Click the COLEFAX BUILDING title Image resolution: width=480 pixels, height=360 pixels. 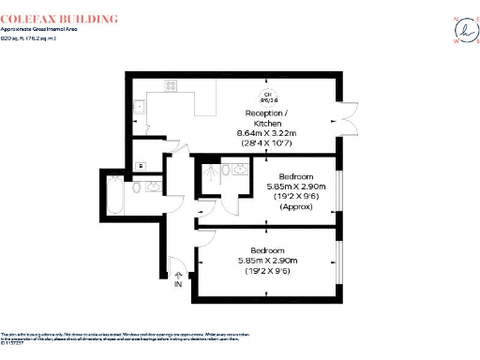[x=60, y=19]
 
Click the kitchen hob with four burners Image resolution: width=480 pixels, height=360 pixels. [x=173, y=86]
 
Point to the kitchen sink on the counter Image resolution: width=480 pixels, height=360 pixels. [x=138, y=106]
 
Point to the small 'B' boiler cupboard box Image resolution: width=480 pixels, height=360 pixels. [x=140, y=166]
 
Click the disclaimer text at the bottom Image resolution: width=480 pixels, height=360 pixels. [x=187, y=338]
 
